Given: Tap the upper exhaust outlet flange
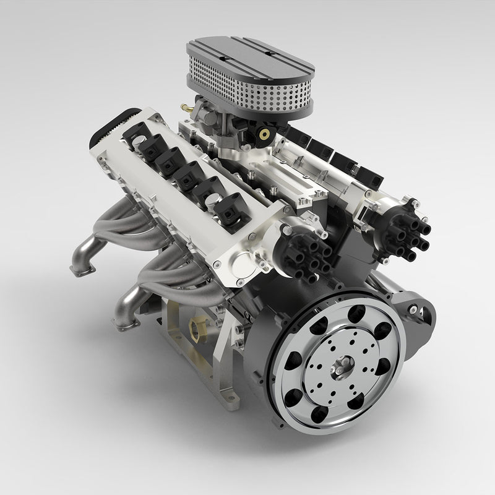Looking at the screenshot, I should (x=82, y=268).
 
